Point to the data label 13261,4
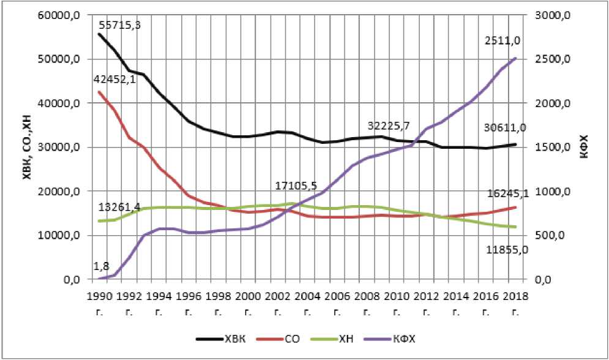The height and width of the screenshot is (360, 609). [x=119, y=207]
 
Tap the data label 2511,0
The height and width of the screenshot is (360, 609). [x=503, y=40]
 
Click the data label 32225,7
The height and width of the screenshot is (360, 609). [x=388, y=126]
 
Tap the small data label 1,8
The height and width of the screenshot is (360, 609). [x=101, y=266]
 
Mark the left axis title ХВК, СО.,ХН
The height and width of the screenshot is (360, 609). [x=27, y=148]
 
